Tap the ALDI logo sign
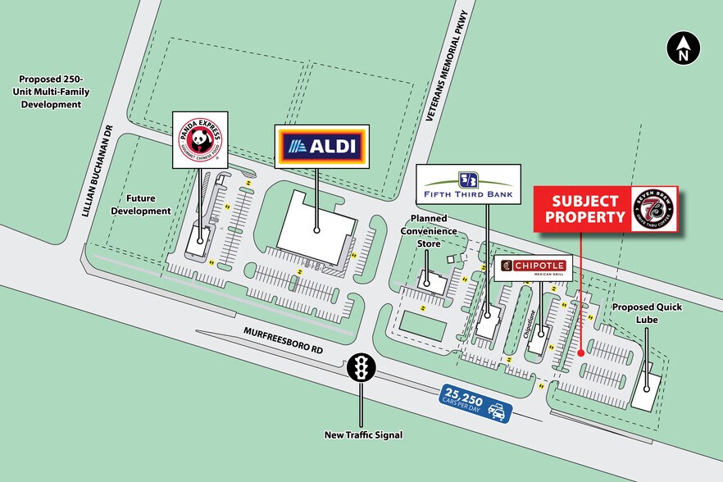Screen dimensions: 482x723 point(323,147)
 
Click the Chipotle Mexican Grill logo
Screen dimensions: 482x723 point(533,267)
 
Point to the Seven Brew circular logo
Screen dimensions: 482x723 point(653,208)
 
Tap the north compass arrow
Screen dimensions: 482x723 point(682,49)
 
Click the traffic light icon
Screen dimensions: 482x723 point(361,368)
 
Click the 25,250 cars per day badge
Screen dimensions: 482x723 point(476,404)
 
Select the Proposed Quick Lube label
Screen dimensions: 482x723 point(647,313)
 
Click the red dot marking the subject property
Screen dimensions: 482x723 point(581,353)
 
